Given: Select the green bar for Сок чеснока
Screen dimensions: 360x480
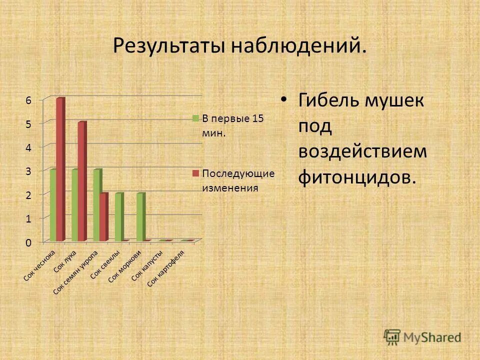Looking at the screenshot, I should (x=53, y=205).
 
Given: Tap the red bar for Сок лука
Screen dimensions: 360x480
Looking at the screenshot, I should (x=81, y=181).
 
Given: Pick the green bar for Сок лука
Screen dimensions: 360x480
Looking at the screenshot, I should (x=74, y=205).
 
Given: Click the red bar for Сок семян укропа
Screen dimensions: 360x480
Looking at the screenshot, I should (x=103, y=217).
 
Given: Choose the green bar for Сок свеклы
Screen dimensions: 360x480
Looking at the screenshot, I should (x=118, y=217).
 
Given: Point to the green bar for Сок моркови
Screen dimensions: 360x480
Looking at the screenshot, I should (x=140, y=217).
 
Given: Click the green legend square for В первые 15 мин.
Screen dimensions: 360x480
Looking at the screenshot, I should (x=196, y=118).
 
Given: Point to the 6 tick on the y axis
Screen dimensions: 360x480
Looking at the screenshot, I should (x=28, y=100).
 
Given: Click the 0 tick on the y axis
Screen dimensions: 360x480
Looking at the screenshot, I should (x=28, y=242).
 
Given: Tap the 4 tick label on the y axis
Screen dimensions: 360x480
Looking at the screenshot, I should (x=28, y=147).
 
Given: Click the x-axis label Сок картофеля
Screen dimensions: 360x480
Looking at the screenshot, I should (x=166, y=268).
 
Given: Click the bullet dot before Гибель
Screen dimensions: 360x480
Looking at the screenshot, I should (x=284, y=100).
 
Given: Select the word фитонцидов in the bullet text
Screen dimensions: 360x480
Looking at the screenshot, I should (x=357, y=176).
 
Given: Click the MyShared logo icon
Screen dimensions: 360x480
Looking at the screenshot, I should (x=392, y=336).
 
